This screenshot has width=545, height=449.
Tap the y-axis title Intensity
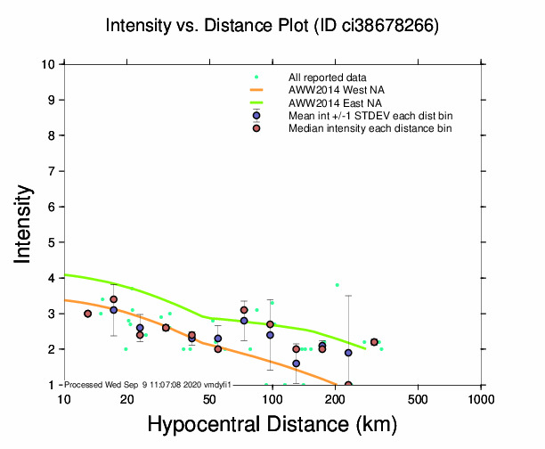(25, 223)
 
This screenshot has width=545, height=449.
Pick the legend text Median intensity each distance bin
(370, 128)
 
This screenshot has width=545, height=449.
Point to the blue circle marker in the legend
(256, 116)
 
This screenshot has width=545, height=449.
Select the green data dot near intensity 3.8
(337, 285)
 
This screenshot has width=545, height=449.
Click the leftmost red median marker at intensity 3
(87, 314)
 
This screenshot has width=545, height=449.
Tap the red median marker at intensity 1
(348, 385)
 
